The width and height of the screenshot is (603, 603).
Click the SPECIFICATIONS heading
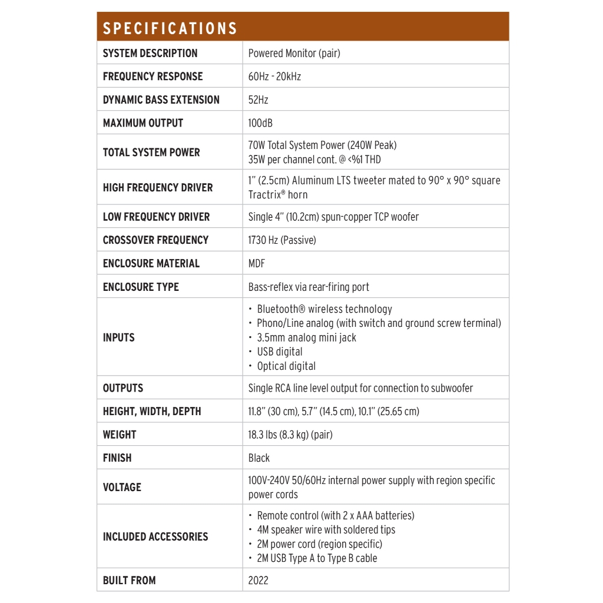(x=170, y=28)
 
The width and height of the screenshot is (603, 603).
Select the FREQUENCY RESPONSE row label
(x=153, y=77)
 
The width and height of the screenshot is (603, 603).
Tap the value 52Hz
(x=258, y=100)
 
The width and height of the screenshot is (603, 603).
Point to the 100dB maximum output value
(x=260, y=123)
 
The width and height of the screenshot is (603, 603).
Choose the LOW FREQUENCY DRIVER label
(x=156, y=217)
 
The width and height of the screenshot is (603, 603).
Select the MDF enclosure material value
(x=257, y=263)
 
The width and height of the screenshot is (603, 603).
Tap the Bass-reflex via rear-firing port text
(x=309, y=287)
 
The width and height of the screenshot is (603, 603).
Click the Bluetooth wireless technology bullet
(x=324, y=309)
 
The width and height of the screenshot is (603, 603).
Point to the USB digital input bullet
(x=280, y=352)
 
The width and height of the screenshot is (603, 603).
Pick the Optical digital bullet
(x=286, y=366)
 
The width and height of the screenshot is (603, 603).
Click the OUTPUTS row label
(x=123, y=388)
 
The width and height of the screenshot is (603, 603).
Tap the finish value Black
(x=259, y=458)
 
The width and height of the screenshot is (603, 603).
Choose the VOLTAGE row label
(x=122, y=487)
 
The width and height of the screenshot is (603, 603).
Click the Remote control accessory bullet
(x=336, y=515)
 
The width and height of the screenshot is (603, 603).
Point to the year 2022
(x=258, y=580)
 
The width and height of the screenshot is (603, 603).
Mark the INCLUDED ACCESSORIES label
(x=155, y=536)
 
